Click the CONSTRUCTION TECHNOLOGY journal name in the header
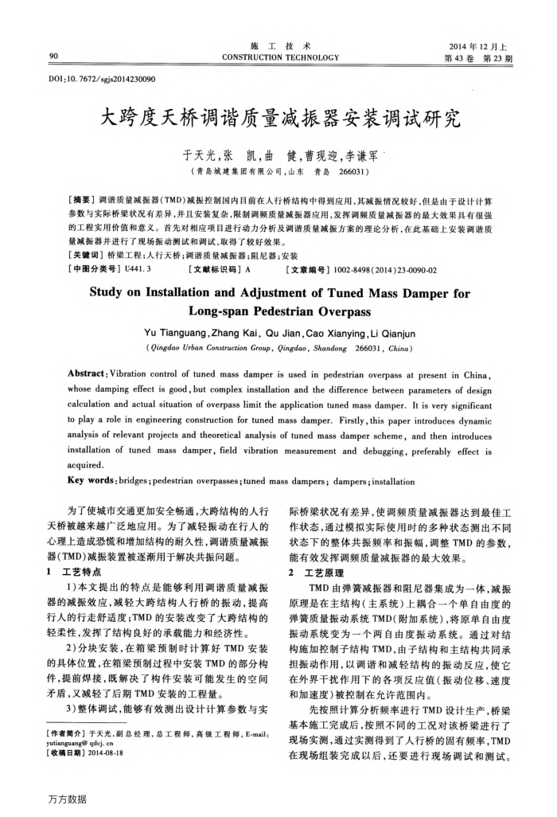278,57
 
